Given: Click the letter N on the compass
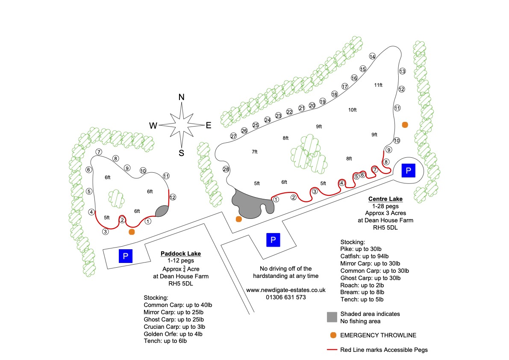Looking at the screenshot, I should [181, 97].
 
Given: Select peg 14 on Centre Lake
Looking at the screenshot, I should [372, 57].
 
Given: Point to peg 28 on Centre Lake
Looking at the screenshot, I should [227, 169].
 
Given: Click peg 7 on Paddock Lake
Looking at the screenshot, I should [99, 152].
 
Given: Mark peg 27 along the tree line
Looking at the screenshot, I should [234, 136].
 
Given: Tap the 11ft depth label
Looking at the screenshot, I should [378, 85].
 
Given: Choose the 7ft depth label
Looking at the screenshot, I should [254, 152].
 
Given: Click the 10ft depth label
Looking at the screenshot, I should [352, 110].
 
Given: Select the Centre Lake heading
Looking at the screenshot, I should [385, 199].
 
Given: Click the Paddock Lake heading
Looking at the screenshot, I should [181, 254].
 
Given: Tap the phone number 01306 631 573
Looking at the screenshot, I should [285, 297].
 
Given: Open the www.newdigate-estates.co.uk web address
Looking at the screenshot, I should [285, 289].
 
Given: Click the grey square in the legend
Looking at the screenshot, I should [332, 317].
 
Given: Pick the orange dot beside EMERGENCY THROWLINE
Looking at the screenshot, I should [332, 335].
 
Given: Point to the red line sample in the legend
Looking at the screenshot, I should [332, 350].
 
